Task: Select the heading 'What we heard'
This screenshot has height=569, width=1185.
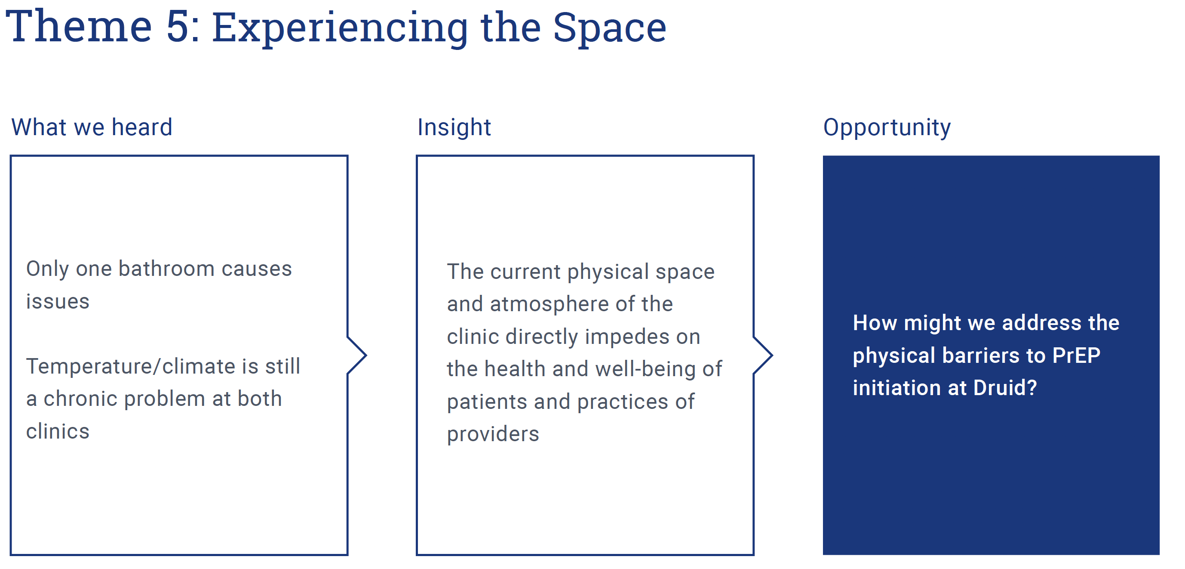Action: (x=92, y=127)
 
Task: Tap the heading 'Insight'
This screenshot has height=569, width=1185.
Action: (x=454, y=127)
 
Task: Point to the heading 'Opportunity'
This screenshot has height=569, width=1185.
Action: (x=887, y=127)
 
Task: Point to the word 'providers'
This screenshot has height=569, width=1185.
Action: (x=493, y=435)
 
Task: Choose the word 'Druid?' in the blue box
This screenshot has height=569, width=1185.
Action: (x=1005, y=388)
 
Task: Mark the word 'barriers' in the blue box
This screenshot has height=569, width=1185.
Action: (x=981, y=356)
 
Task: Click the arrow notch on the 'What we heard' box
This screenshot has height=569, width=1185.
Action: (x=357, y=356)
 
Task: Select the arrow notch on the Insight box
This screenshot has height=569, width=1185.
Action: (x=763, y=356)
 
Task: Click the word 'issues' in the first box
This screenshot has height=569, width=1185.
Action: (x=58, y=302)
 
